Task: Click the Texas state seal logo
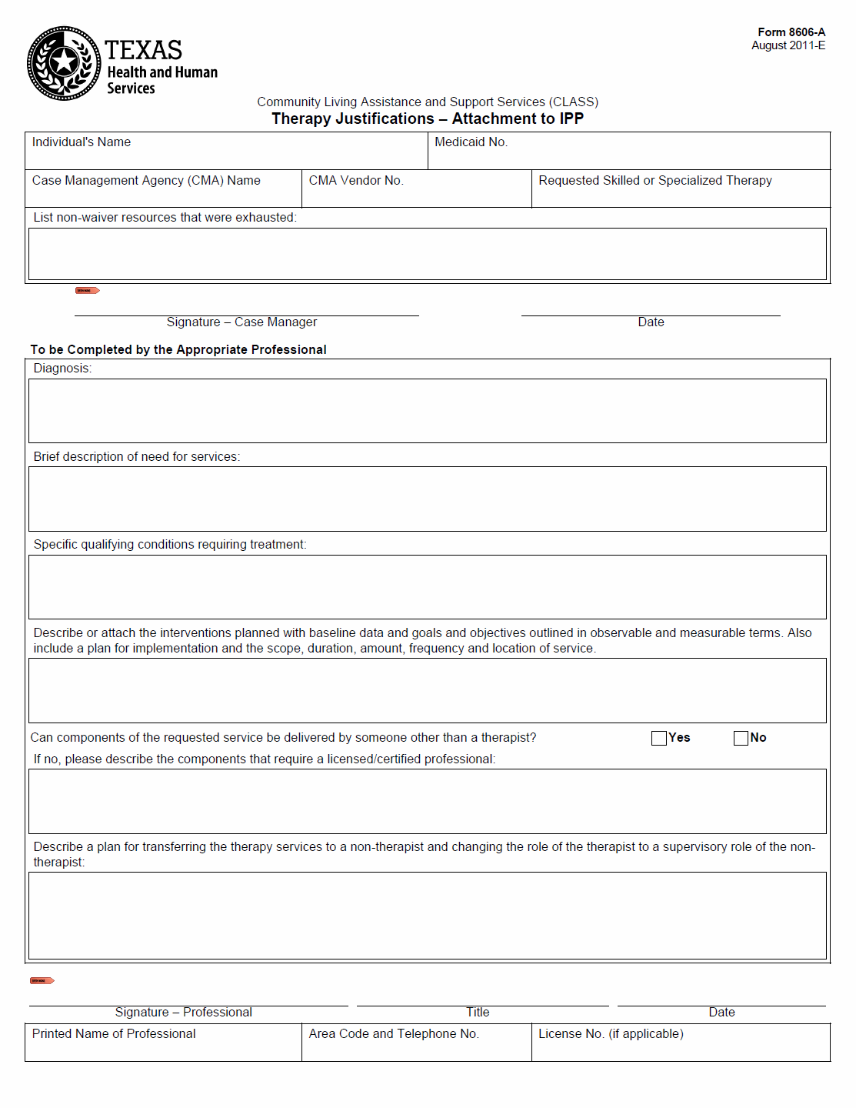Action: pos(64,63)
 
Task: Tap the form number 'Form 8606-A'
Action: pos(791,32)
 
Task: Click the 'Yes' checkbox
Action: pos(659,738)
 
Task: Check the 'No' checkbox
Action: pos(741,738)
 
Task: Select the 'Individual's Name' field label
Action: pos(82,142)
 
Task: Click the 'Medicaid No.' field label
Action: pos(471,142)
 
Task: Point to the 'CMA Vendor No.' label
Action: pos(356,181)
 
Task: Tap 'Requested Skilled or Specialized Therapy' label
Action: pos(654,181)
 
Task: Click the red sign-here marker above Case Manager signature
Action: pos(87,291)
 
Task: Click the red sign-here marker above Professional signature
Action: pos(42,980)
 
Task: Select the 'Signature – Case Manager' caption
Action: pos(241,322)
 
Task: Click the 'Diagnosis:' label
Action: pos(62,369)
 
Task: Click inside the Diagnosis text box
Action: pos(428,411)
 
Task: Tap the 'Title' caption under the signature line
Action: pos(478,1013)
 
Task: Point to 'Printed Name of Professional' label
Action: pos(114,1034)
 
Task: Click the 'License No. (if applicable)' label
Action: pos(611,1034)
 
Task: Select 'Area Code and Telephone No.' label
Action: pos(394,1034)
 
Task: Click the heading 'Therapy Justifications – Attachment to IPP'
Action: pos(428,119)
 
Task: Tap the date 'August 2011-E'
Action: pos(788,45)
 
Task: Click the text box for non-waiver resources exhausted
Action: pos(428,254)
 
